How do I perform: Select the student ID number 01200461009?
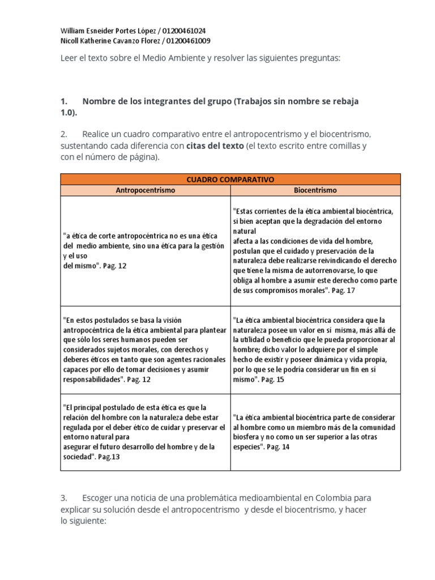coord(188,41)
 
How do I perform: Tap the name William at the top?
coord(73,31)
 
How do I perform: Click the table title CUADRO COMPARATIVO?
coord(230,179)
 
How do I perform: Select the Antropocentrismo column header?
coord(146,190)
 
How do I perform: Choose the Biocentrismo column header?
coord(315,190)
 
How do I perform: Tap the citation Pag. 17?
coord(343,290)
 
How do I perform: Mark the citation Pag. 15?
coord(272,379)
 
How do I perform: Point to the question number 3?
coord(63,498)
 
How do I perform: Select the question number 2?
coord(63,134)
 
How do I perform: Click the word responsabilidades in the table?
coord(90,379)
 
